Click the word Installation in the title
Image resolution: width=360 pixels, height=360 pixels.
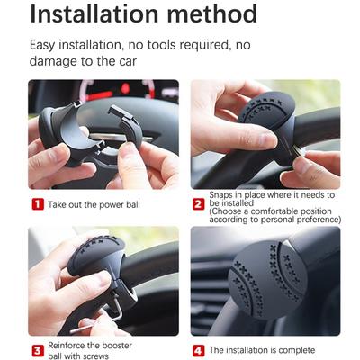point(94,13)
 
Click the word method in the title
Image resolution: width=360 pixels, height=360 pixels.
point(212,13)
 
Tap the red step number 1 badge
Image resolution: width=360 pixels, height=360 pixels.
point(38,204)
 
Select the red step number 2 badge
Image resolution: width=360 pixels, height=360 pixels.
point(198,204)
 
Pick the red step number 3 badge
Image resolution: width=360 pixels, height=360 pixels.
point(38,350)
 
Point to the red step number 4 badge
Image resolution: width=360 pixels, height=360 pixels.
point(198,350)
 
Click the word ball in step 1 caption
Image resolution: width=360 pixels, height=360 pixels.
point(132,204)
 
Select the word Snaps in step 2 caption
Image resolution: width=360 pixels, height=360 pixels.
point(220,195)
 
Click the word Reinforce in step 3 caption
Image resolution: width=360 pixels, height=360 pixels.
point(68,346)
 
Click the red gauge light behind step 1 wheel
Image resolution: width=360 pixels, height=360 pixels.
point(125,88)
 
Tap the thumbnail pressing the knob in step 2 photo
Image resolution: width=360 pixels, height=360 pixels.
point(268,139)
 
